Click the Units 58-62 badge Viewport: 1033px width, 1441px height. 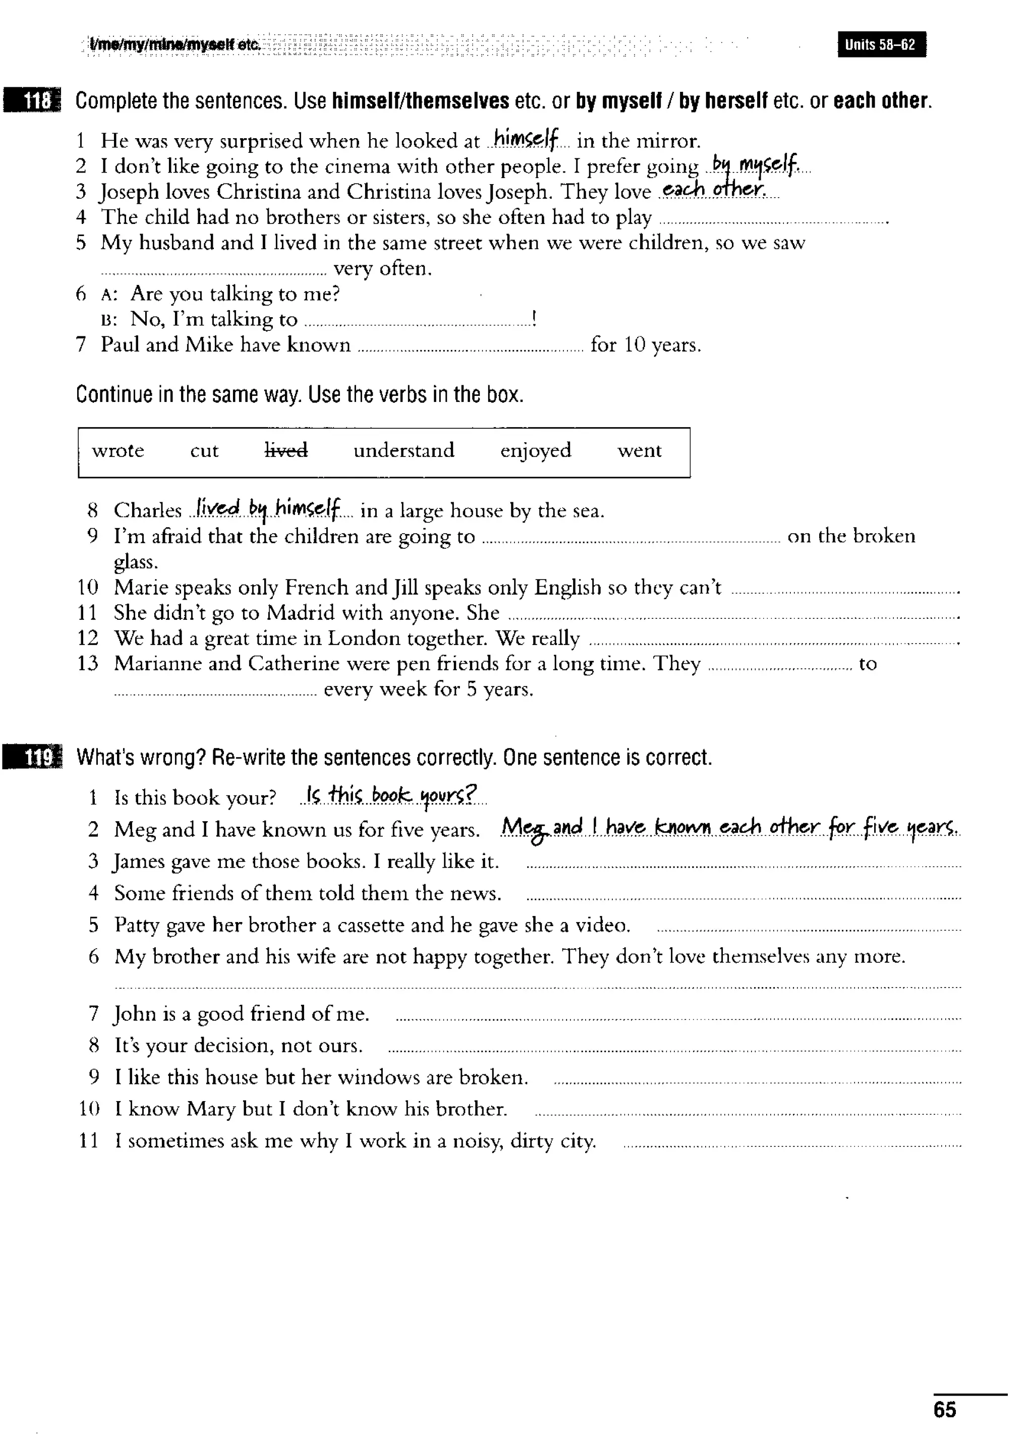coord(881,44)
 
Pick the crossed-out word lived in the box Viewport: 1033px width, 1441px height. coord(286,450)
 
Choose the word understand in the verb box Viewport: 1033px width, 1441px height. coord(404,450)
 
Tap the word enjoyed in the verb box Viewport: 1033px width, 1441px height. coord(536,451)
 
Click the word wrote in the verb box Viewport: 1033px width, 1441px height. coord(118,450)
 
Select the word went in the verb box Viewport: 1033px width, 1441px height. coord(639,450)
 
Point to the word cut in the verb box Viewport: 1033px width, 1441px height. coord(204,450)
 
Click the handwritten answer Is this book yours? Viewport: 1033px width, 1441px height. coord(391,795)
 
